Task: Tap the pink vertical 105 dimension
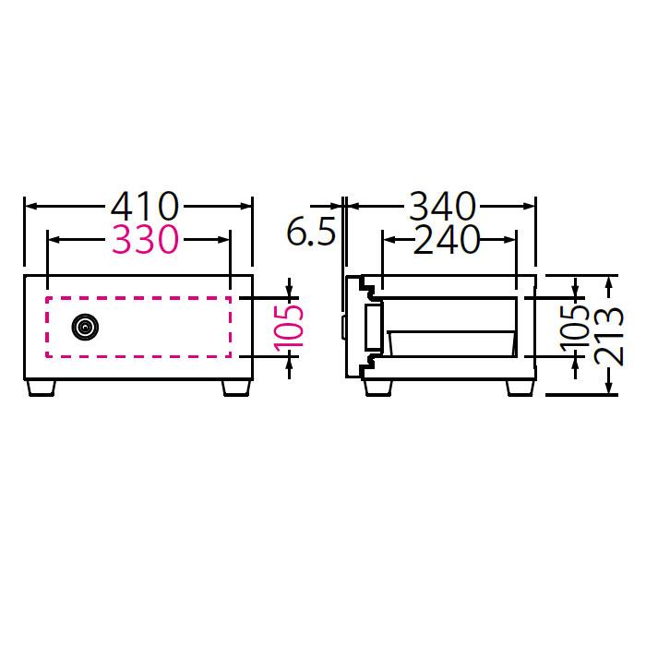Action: click(x=288, y=327)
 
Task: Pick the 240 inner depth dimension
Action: click(x=447, y=240)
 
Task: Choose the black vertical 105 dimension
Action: click(x=572, y=327)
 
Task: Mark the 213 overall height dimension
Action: click(x=609, y=335)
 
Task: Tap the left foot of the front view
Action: click(x=43, y=387)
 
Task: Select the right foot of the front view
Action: click(x=234, y=387)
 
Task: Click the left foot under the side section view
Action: click(x=379, y=387)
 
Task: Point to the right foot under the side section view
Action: click(x=520, y=387)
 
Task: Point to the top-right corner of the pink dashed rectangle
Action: click(x=231, y=298)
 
